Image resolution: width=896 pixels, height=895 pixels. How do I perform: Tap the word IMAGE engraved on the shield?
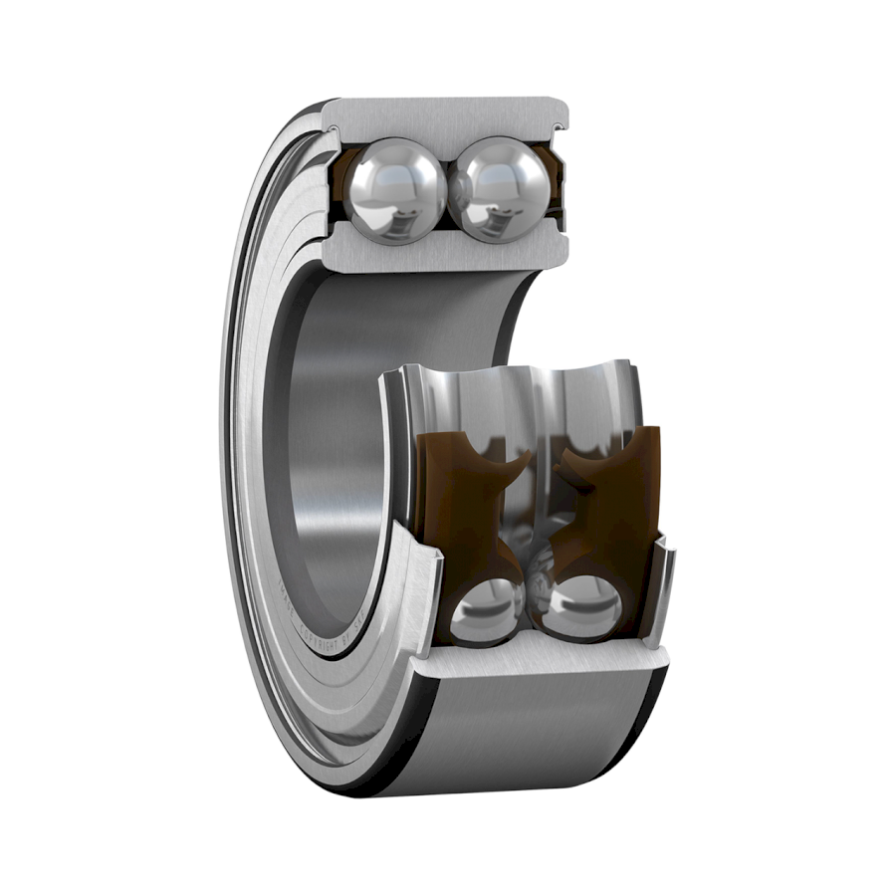[312, 597]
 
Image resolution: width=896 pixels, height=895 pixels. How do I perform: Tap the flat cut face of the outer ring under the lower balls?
[538, 657]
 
